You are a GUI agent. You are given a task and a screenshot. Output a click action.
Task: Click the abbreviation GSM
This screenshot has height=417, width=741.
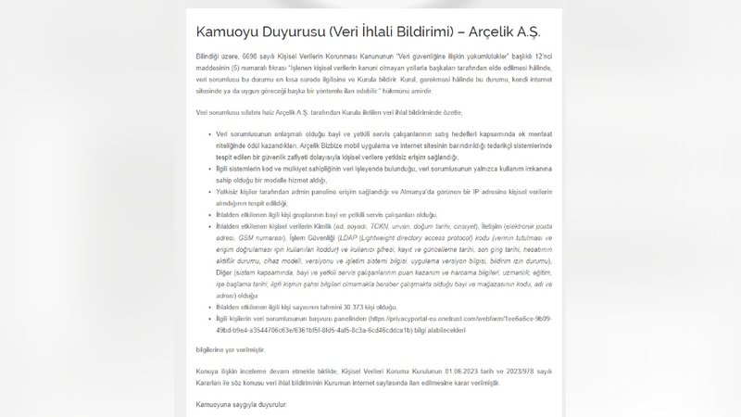click(x=245, y=237)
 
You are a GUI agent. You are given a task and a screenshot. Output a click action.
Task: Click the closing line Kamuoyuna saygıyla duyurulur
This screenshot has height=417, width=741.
click(x=241, y=405)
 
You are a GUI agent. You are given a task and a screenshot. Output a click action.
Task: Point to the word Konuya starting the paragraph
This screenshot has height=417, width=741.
click(x=211, y=370)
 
